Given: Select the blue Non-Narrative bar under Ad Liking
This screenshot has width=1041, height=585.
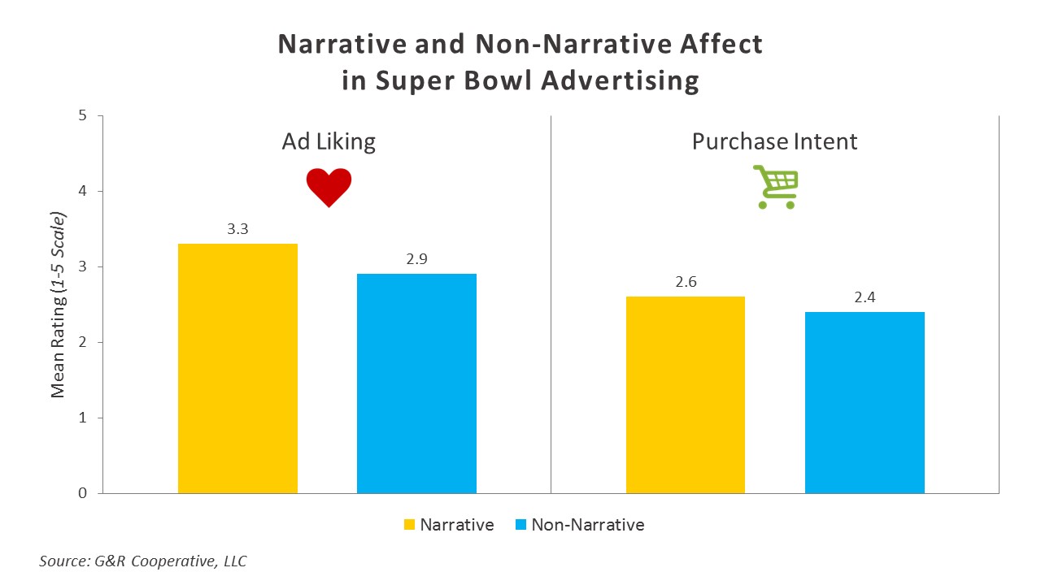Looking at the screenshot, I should (416, 383).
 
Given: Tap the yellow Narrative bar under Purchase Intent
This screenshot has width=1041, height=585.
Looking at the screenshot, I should (686, 395).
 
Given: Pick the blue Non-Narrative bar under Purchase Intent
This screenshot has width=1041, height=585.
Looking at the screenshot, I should (865, 402).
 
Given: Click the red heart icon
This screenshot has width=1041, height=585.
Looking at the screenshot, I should (329, 187).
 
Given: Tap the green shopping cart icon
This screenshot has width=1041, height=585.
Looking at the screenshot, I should (776, 187).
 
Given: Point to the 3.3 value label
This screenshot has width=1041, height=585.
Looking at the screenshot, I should (237, 229).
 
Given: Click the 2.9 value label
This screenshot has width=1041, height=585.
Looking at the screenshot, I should (416, 259).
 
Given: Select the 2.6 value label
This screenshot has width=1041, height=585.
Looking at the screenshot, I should (686, 282).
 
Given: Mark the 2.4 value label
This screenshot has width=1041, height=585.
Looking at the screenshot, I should (865, 297).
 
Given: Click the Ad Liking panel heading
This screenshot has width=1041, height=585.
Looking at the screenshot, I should (329, 142).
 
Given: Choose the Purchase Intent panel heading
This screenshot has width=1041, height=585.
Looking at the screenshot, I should (774, 142).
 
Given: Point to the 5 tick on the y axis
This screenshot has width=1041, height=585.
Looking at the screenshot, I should (82, 115).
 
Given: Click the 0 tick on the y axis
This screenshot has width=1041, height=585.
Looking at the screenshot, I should (82, 493).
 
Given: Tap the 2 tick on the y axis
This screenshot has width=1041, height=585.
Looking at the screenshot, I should (82, 342).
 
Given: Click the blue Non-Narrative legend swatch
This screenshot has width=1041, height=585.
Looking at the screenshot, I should (520, 525).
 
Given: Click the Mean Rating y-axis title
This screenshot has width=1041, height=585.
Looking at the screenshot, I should (59, 305).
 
